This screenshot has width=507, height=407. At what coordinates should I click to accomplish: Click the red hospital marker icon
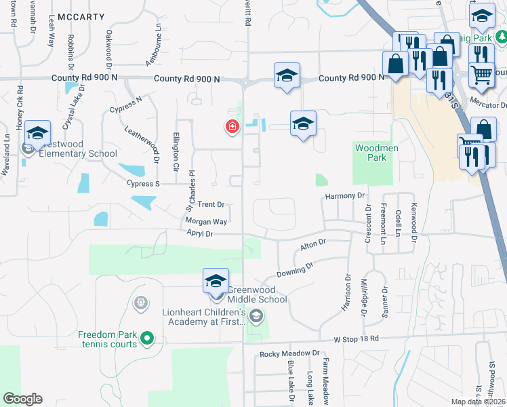click(232, 126)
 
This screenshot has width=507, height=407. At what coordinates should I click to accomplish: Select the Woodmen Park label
click(371, 153)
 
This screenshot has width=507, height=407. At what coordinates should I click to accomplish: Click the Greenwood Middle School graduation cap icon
click(216, 281)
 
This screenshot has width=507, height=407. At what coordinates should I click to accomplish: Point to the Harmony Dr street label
click(345, 196)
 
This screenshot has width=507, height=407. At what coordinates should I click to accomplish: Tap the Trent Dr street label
click(211, 204)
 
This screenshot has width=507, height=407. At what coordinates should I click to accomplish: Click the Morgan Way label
click(206, 221)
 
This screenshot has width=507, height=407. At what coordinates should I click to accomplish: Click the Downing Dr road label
click(296, 269)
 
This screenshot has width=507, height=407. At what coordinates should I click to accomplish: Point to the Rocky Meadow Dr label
click(289, 353)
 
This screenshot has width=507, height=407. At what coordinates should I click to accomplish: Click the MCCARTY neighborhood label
click(82, 16)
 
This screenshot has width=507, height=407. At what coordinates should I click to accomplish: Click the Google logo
click(22, 399)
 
